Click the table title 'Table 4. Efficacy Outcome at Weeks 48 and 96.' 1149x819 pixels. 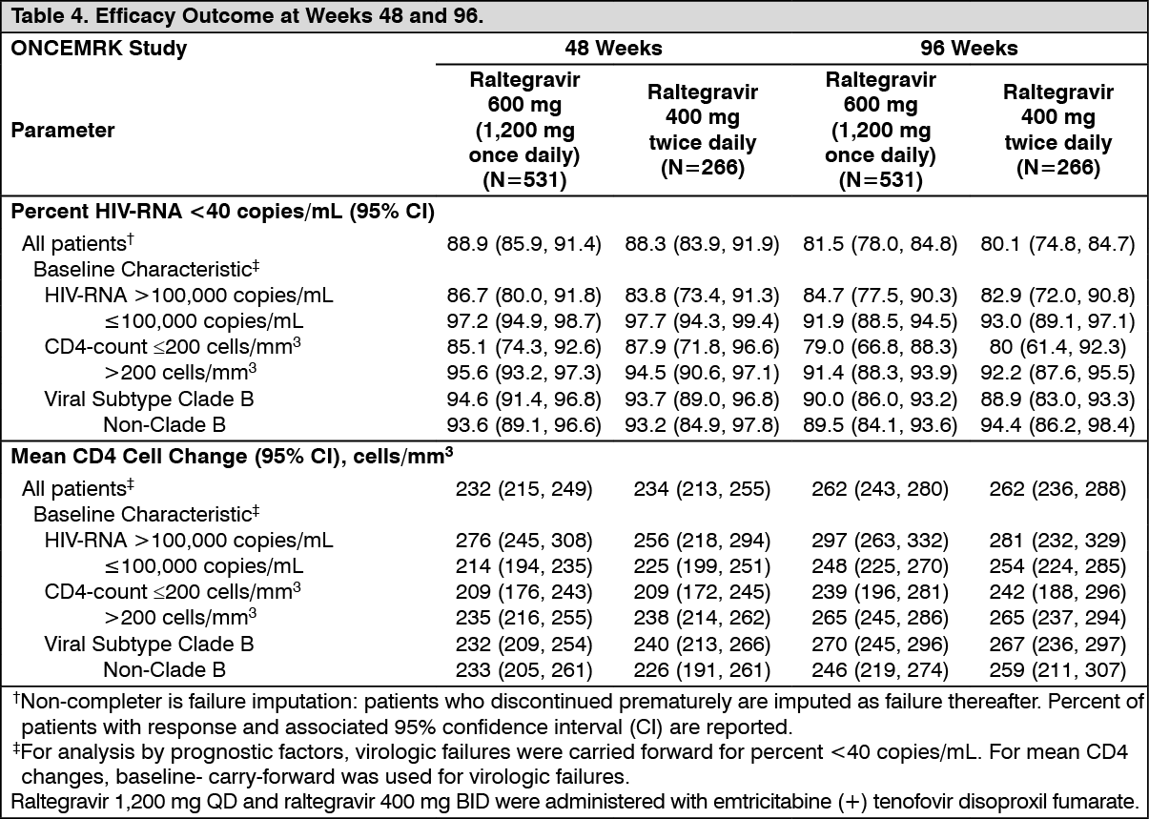point(247,16)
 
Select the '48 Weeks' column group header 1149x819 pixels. point(613,49)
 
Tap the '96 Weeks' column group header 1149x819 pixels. point(969,49)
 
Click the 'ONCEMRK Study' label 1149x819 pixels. point(99,49)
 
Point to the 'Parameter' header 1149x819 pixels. point(63,131)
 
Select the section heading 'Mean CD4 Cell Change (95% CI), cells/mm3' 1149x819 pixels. point(232,456)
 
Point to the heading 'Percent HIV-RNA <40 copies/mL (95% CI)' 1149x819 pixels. point(222,212)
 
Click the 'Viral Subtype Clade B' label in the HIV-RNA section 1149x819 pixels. point(149,399)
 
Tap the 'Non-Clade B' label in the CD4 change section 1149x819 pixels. point(164,669)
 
